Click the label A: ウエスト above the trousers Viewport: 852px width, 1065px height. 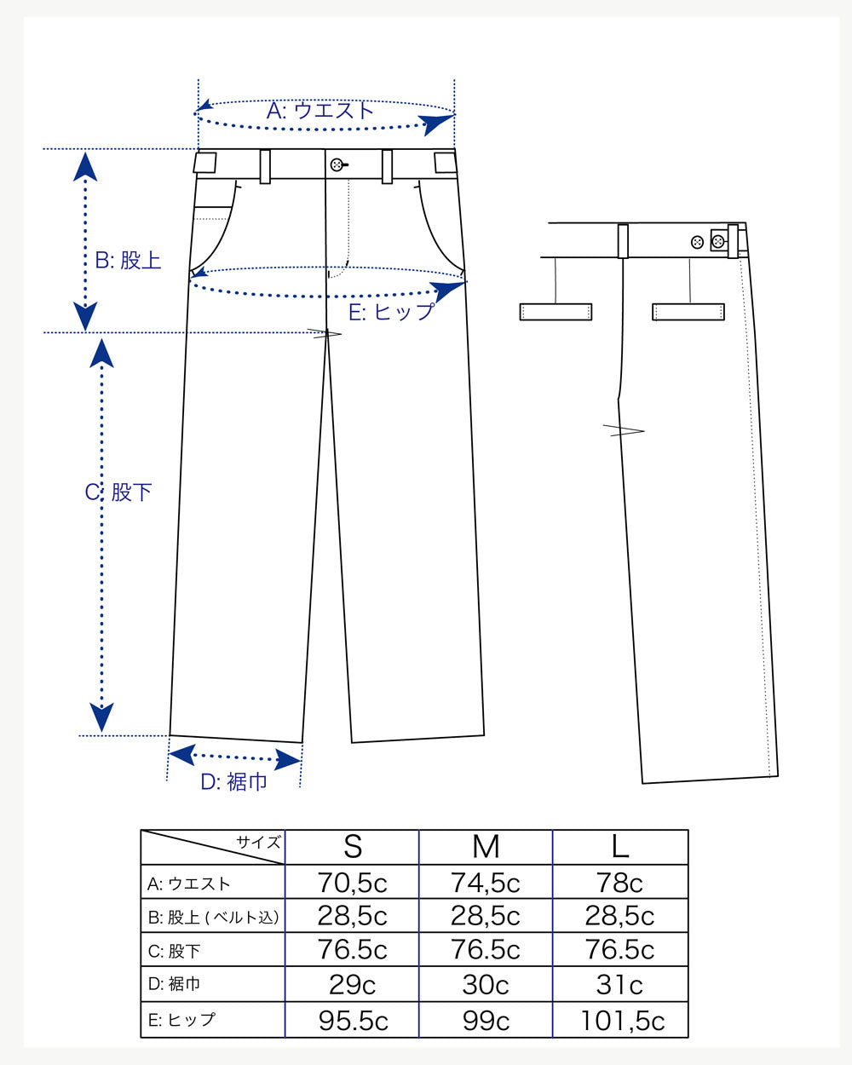pyautogui.click(x=320, y=111)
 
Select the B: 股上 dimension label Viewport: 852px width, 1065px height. pyautogui.click(x=128, y=261)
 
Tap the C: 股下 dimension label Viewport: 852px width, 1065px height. pyautogui.click(x=118, y=492)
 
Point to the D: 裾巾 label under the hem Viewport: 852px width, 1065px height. pyautogui.click(x=233, y=781)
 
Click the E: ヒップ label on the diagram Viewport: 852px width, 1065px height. pyautogui.click(x=392, y=312)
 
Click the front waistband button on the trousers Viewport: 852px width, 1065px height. pyautogui.click(x=337, y=164)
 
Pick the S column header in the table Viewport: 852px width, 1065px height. pyautogui.click(x=352, y=847)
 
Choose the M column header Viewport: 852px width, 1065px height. pyautogui.click(x=486, y=847)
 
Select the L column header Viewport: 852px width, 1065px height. pyautogui.click(x=619, y=847)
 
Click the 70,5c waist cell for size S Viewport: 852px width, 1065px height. pyautogui.click(x=352, y=883)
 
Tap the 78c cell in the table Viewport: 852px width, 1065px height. pyautogui.click(x=619, y=883)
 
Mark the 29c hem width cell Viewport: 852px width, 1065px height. pyautogui.click(x=352, y=985)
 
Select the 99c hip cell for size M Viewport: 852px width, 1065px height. pyautogui.click(x=486, y=1021)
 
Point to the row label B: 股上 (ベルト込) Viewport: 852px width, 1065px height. pyautogui.click(x=213, y=918)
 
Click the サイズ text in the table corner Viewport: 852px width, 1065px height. pyautogui.click(x=258, y=843)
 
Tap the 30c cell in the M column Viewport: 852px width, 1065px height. pyautogui.click(x=486, y=985)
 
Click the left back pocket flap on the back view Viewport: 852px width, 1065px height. pyautogui.click(x=556, y=312)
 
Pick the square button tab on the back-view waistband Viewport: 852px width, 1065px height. pyautogui.click(x=717, y=242)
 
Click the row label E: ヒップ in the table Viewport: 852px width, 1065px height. pyautogui.click(x=181, y=1020)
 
